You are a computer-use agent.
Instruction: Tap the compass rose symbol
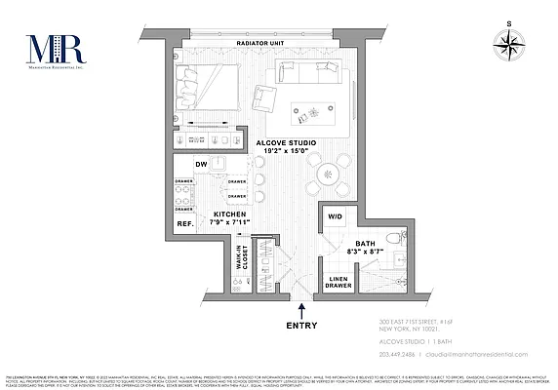510,43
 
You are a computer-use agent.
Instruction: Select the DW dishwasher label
200,164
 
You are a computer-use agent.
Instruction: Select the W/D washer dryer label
336,216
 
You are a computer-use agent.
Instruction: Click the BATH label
366,243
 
